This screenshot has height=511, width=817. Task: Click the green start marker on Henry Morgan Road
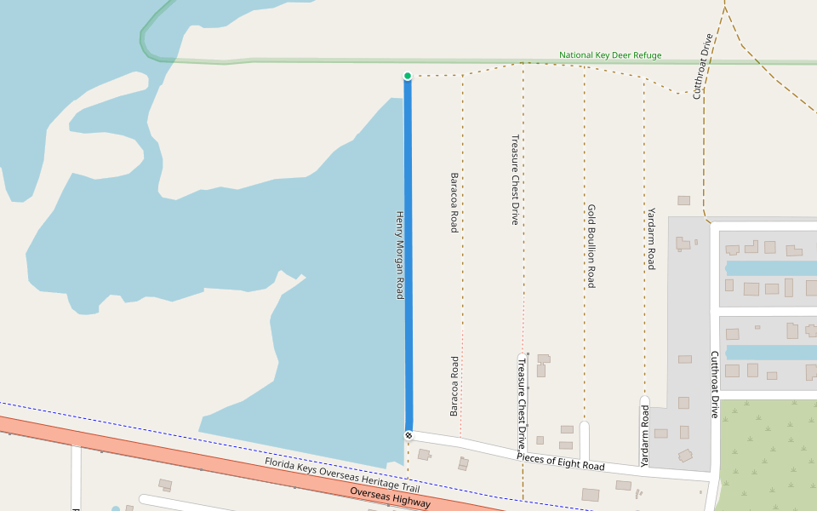pos(408,76)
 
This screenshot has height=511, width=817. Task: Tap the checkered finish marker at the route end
pos(408,435)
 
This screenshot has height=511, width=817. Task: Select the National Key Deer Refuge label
pos(609,55)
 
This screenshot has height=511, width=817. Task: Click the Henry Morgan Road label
pos(398,255)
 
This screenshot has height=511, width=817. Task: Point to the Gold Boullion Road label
pos(591,245)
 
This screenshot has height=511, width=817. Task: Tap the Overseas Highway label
pos(390,498)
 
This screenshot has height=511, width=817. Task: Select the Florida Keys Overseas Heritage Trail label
pos(342,475)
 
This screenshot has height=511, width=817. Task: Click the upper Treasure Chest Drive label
pos(514,179)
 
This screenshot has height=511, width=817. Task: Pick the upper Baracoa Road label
pos(454,202)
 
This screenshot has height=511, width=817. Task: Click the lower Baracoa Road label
pos(454,386)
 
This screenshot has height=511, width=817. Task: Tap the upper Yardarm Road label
pos(651,238)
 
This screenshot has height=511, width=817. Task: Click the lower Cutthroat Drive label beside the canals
pos(715,384)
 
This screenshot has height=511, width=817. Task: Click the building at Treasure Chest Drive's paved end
pos(543,359)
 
